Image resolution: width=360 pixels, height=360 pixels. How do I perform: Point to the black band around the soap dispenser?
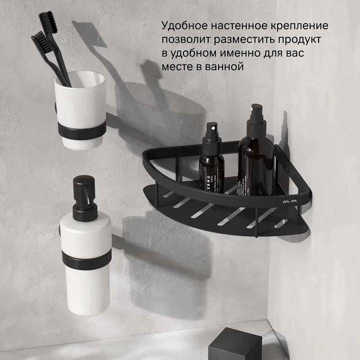[x=86, y=258]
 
